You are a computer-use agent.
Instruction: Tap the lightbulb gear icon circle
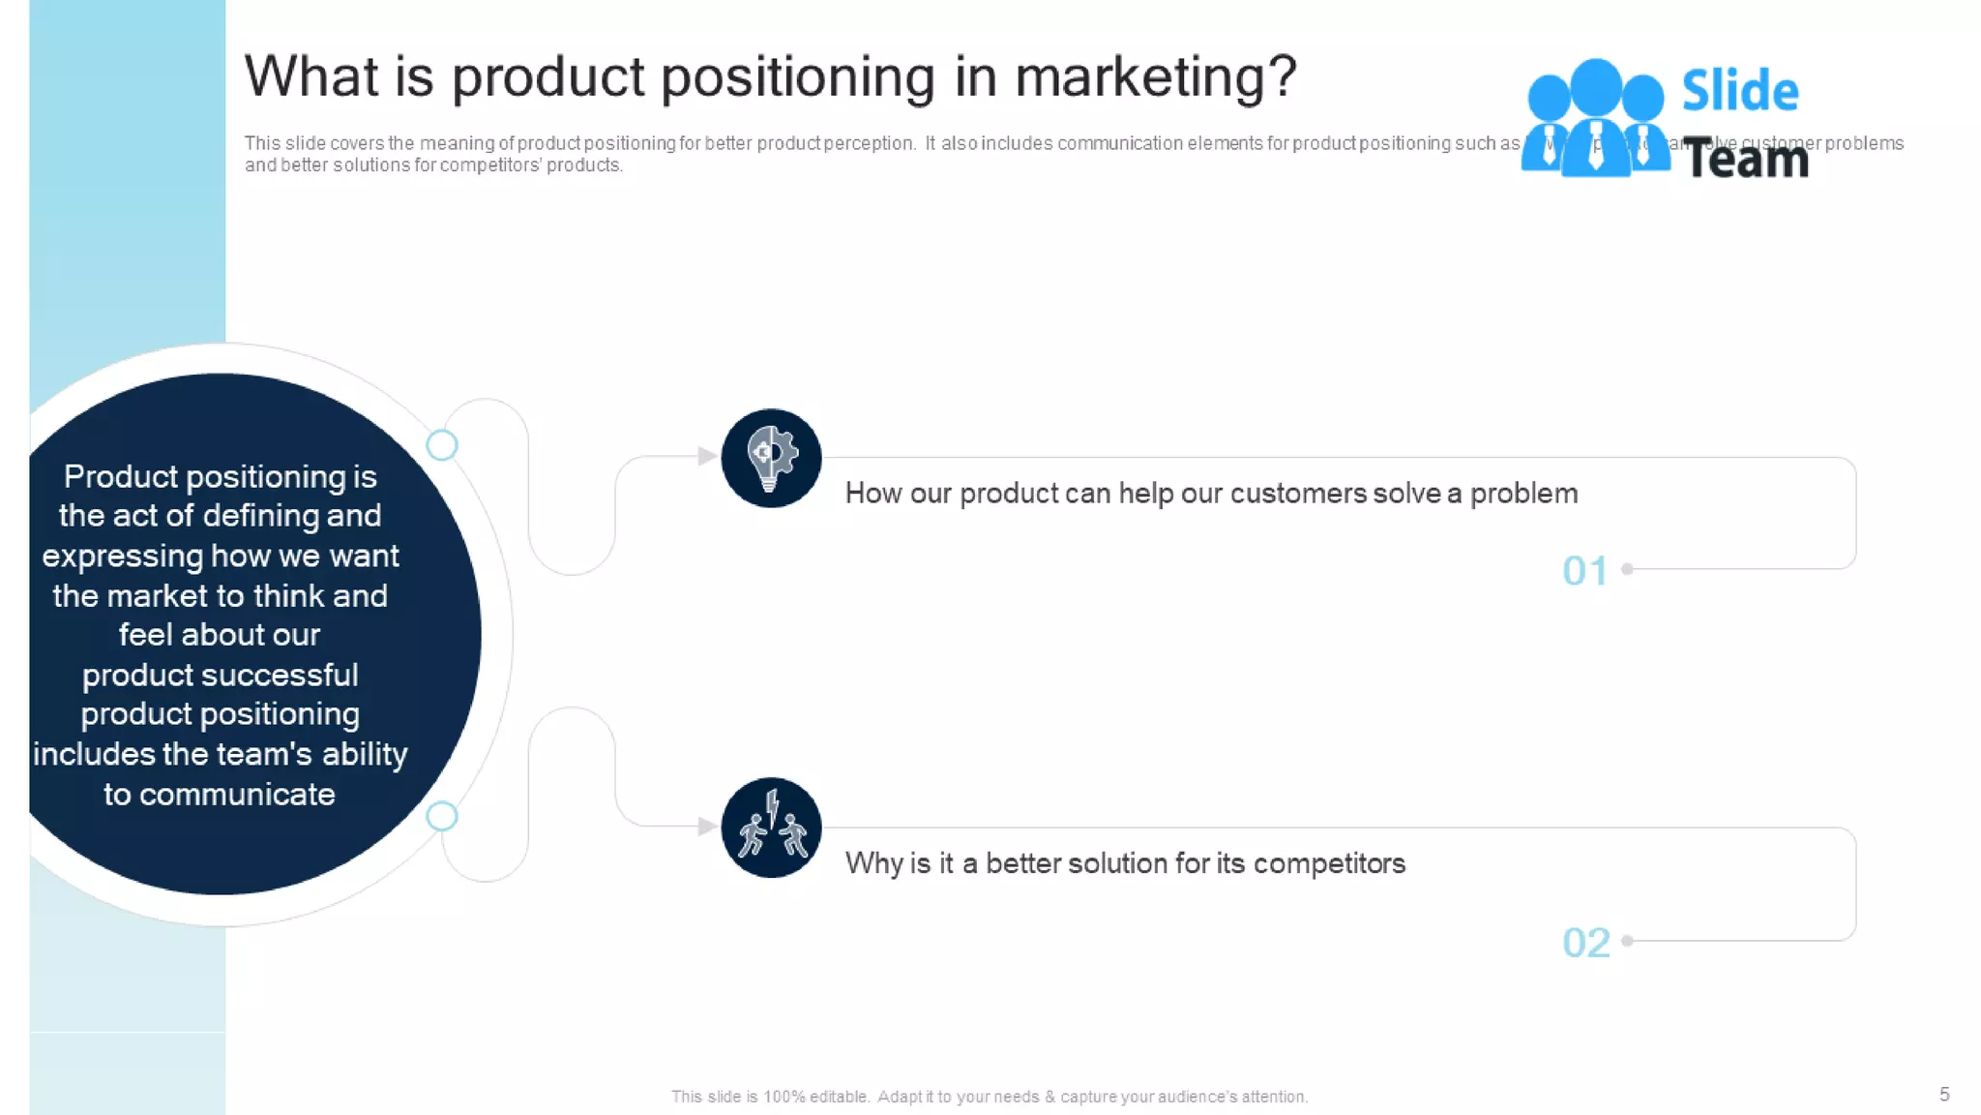click(x=771, y=458)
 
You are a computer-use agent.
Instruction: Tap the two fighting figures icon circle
click(x=771, y=828)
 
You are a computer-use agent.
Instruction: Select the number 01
click(x=1584, y=571)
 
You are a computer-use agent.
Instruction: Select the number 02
click(x=1585, y=942)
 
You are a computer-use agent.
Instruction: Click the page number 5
click(x=1944, y=1094)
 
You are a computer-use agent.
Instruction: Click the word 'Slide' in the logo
click(x=1739, y=91)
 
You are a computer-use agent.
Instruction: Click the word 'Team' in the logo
click(x=1746, y=159)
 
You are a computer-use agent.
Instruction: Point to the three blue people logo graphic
click(x=1594, y=118)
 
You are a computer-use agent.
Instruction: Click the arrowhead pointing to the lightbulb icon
click(x=707, y=456)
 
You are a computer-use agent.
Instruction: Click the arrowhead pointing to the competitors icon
click(x=707, y=826)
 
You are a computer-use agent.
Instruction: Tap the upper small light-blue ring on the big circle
click(x=442, y=445)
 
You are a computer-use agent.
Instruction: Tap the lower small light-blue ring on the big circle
click(x=442, y=816)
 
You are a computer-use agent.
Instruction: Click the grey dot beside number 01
click(x=1627, y=569)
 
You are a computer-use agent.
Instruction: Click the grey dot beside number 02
click(x=1627, y=940)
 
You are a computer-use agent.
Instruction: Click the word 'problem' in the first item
click(x=1523, y=494)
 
